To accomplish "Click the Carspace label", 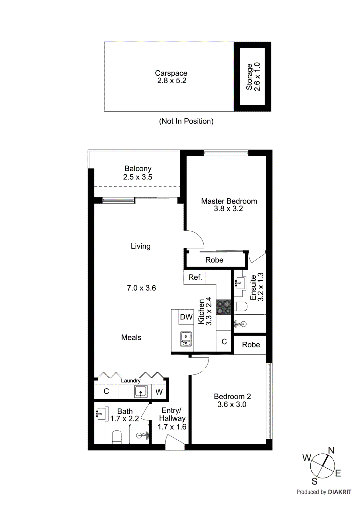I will pos(171,73).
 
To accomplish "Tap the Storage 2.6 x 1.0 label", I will pos(253,77).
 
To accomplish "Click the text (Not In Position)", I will pos(186,121).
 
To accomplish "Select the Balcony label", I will pos(138,169).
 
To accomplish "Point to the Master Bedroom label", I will pos(229,201).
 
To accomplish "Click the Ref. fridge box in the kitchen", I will pos(195,277).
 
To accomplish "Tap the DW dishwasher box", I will pos(186,317).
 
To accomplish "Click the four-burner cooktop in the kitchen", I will pos(224,307).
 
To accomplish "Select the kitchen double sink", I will pos(186,339).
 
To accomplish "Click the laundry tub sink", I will pos(140,391).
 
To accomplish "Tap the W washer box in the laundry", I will pos(159,392).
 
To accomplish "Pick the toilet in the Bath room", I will pos(117,437).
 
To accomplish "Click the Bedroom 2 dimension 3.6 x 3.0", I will pos(232,405).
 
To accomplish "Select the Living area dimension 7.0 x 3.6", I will pos(141,288).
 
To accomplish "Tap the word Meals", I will pos(131,338).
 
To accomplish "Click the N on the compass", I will pos(331,450).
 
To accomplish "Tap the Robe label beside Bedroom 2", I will pos(251,345).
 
